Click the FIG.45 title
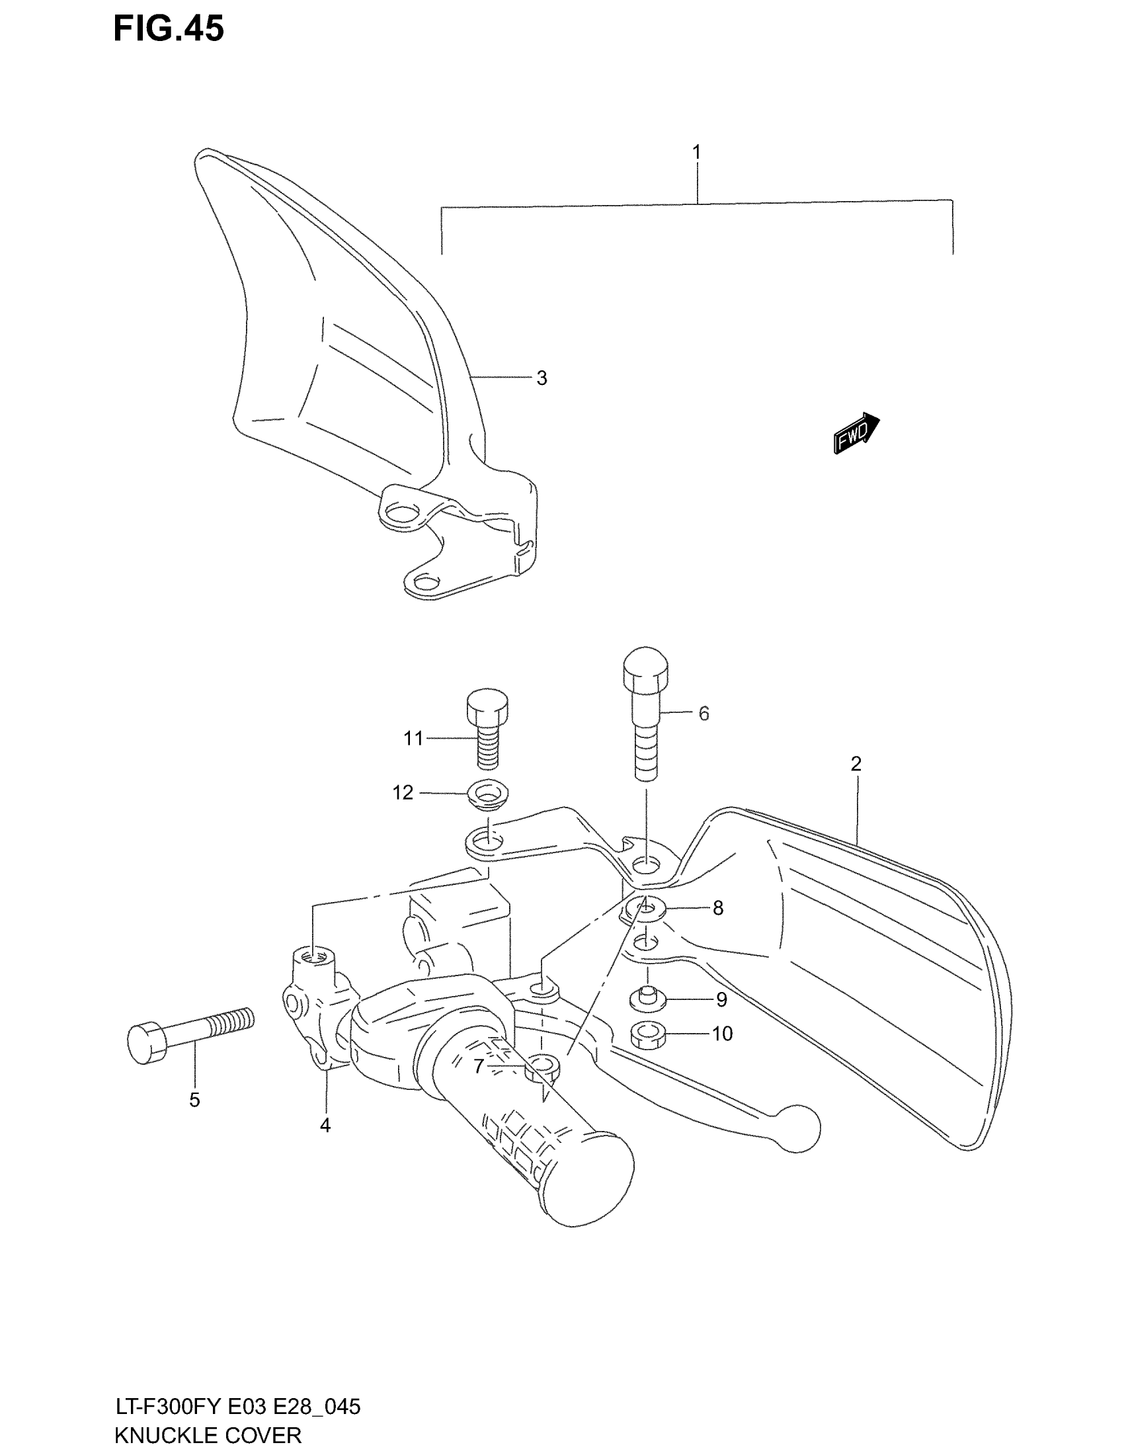(x=169, y=29)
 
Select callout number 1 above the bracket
(x=696, y=153)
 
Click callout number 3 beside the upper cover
(x=542, y=378)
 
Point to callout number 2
(x=856, y=764)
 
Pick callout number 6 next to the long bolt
(x=704, y=714)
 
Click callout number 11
(x=413, y=738)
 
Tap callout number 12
(x=403, y=792)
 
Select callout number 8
(x=718, y=908)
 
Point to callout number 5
(x=194, y=1100)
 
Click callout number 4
(x=325, y=1125)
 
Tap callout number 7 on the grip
(x=479, y=1067)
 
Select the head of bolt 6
(x=645, y=669)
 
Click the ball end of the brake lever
(x=798, y=1128)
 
